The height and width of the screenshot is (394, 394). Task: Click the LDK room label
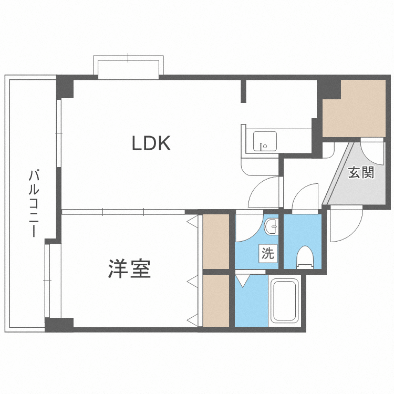151,143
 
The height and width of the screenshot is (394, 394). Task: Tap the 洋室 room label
130,268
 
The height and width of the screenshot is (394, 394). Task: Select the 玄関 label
361,172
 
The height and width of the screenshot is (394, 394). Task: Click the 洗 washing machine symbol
268,254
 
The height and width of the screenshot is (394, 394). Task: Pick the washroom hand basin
272,227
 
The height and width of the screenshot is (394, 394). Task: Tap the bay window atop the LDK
128,66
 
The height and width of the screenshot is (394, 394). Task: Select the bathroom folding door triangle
243,279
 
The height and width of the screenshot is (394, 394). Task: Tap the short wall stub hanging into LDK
243,91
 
